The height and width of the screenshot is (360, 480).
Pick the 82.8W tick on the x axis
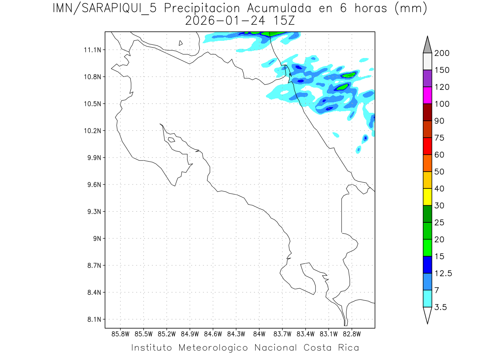[x=352, y=333]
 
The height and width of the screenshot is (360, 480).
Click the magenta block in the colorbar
[x=427, y=95]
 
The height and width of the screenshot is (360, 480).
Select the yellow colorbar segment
[x=427, y=197]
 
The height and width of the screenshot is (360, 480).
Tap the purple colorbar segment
[x=427, y=78]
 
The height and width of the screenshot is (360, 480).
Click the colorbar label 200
[x=442, y=53]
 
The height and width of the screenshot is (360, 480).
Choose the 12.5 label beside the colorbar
[x=443, y=273]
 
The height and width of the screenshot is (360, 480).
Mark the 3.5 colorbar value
[x=441, y=307]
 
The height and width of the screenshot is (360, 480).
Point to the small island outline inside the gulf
[x=171, y=140]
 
